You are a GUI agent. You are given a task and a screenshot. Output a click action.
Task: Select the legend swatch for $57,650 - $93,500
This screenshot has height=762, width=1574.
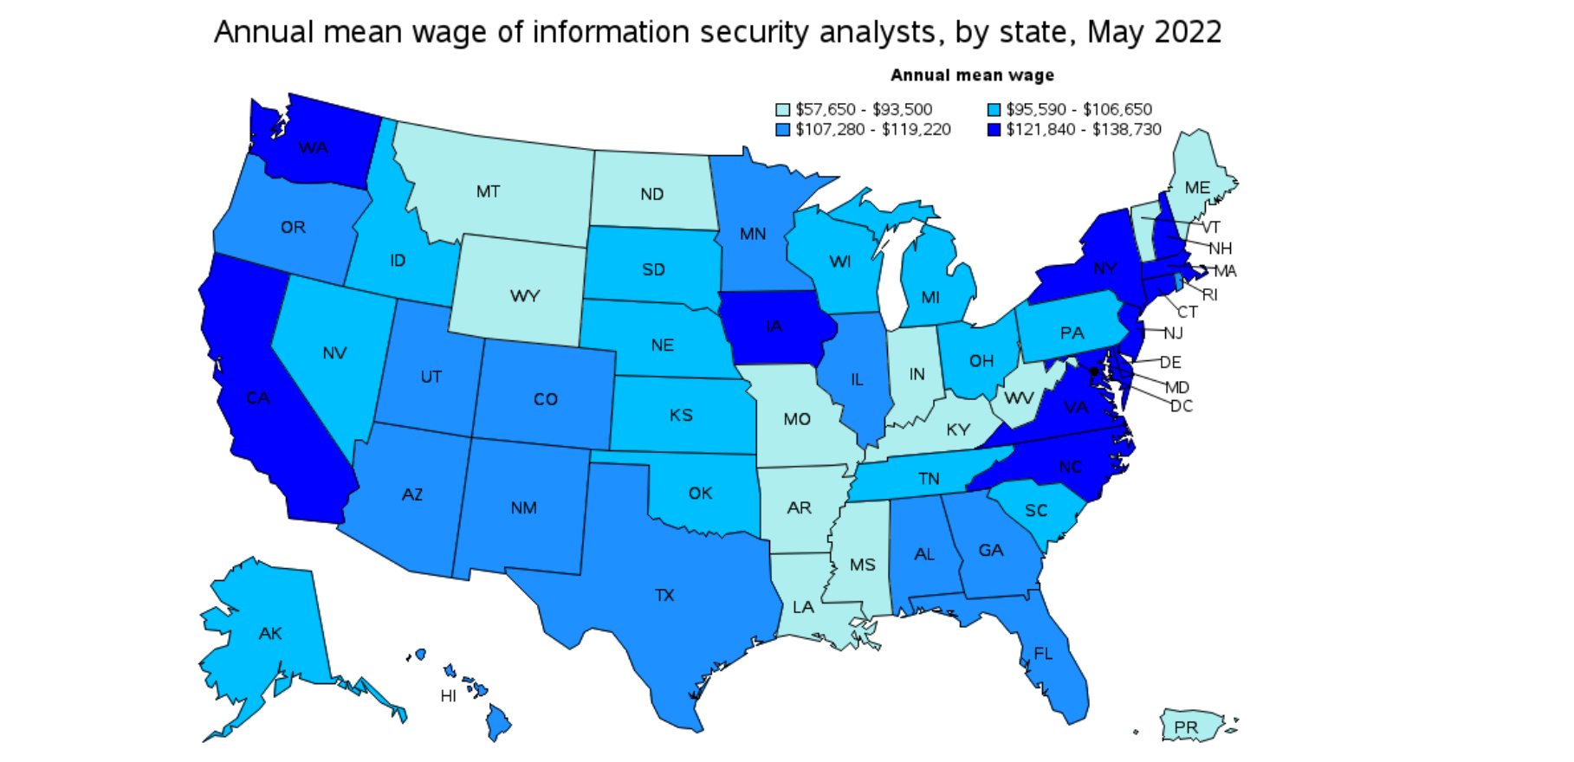782,110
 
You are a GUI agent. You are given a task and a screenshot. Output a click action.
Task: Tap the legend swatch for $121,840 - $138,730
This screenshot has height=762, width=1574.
994,130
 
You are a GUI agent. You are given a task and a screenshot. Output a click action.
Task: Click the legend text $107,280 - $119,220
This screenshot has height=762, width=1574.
873,130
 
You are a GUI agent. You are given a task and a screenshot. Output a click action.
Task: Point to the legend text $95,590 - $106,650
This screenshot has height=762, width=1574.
1078,110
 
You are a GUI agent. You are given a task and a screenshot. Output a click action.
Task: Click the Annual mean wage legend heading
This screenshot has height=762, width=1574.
972,75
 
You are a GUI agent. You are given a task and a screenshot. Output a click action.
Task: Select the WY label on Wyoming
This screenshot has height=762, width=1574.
525,296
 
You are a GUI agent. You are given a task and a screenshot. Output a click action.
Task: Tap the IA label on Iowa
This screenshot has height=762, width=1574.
774,326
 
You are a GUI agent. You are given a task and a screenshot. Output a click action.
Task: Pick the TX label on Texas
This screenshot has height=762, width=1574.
664,595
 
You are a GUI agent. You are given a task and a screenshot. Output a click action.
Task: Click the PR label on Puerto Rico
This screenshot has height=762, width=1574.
1186,727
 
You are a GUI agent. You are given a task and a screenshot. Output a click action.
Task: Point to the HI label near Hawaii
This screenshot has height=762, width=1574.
448,696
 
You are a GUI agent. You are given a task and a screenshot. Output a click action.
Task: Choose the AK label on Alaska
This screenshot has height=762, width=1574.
270,633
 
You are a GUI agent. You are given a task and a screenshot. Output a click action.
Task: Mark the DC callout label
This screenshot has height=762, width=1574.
1182,406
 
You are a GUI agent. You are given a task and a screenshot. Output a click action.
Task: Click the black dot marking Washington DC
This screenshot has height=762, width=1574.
1094,371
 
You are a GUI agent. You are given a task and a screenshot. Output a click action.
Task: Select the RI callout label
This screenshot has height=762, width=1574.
1210,294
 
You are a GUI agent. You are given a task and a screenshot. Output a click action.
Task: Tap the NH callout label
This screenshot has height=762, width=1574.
1220,249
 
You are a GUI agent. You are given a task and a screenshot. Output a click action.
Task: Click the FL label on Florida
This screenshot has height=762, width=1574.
1043,653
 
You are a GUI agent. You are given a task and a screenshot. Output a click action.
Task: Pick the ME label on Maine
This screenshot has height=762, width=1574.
1197,188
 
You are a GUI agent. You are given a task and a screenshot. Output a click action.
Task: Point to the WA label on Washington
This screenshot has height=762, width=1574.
313,148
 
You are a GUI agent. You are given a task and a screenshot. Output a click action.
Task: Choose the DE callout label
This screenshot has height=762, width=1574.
1169,362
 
